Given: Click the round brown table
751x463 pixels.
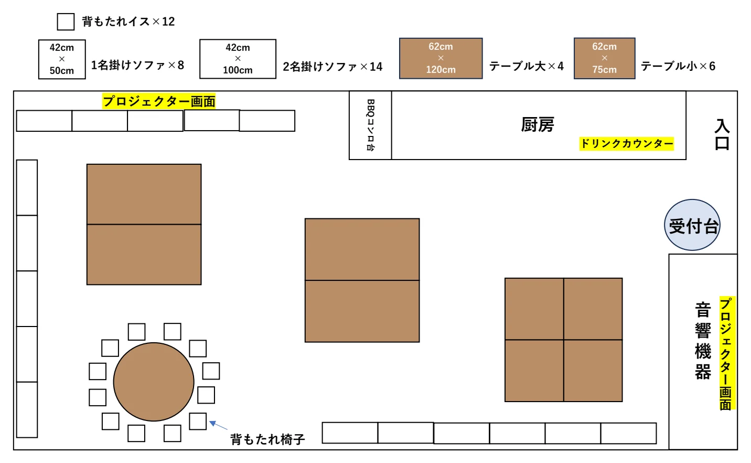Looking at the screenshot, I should (154, 382).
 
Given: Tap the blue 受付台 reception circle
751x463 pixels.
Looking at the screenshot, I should (692, 225).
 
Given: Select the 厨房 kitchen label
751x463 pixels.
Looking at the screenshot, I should (538, 125).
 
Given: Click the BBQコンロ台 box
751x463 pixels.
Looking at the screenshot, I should (370, 125).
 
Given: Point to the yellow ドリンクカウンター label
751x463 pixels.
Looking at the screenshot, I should (626, 144).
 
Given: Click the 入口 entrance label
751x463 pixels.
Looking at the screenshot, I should (722, 134).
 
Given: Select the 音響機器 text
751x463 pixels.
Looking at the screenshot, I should (703, 340).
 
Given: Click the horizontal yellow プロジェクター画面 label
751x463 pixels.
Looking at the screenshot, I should (159, 101).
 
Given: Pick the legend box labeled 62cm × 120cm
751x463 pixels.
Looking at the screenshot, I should (441, 58).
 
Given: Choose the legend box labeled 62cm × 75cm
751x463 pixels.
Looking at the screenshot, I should (604, 58).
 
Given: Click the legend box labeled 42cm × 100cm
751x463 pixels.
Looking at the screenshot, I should (238, 59).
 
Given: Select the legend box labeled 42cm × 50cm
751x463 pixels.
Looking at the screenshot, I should (62, 59).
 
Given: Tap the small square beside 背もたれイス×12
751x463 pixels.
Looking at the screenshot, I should (66, 22).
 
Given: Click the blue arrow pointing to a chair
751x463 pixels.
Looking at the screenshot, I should (218, 425).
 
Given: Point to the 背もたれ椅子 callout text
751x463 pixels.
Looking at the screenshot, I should (267, 439).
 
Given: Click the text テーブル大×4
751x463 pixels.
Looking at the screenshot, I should (526, 66).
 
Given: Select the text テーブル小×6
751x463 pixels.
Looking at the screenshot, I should (678, 66).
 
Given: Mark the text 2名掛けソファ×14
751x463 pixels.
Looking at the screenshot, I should (332, 67).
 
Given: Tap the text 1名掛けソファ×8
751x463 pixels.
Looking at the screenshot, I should (137, 65).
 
